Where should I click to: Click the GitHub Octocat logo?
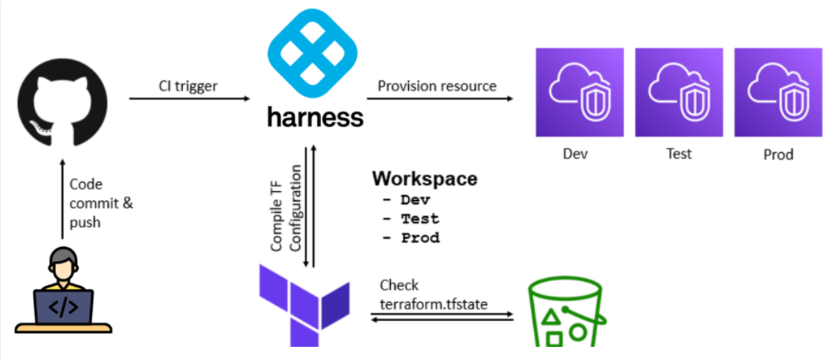(x=63, y=101)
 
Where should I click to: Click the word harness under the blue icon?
(x=315, y=116)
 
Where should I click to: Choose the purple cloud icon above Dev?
(x=579, y=92)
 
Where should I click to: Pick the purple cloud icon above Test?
(x=678, y=92)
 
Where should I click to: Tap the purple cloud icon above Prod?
(x=778, y=92)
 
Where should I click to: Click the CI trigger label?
(x=187, y=87)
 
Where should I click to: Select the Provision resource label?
(x=437, y=86)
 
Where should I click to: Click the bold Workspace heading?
(x=424, y=178)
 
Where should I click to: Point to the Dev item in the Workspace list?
(x=419, y=200)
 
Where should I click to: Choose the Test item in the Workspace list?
(x=419, y=218)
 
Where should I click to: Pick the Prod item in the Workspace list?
(x=419, y=237)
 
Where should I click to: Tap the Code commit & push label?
(x=101, y=203)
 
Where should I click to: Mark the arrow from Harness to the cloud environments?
(x=440, y=99)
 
